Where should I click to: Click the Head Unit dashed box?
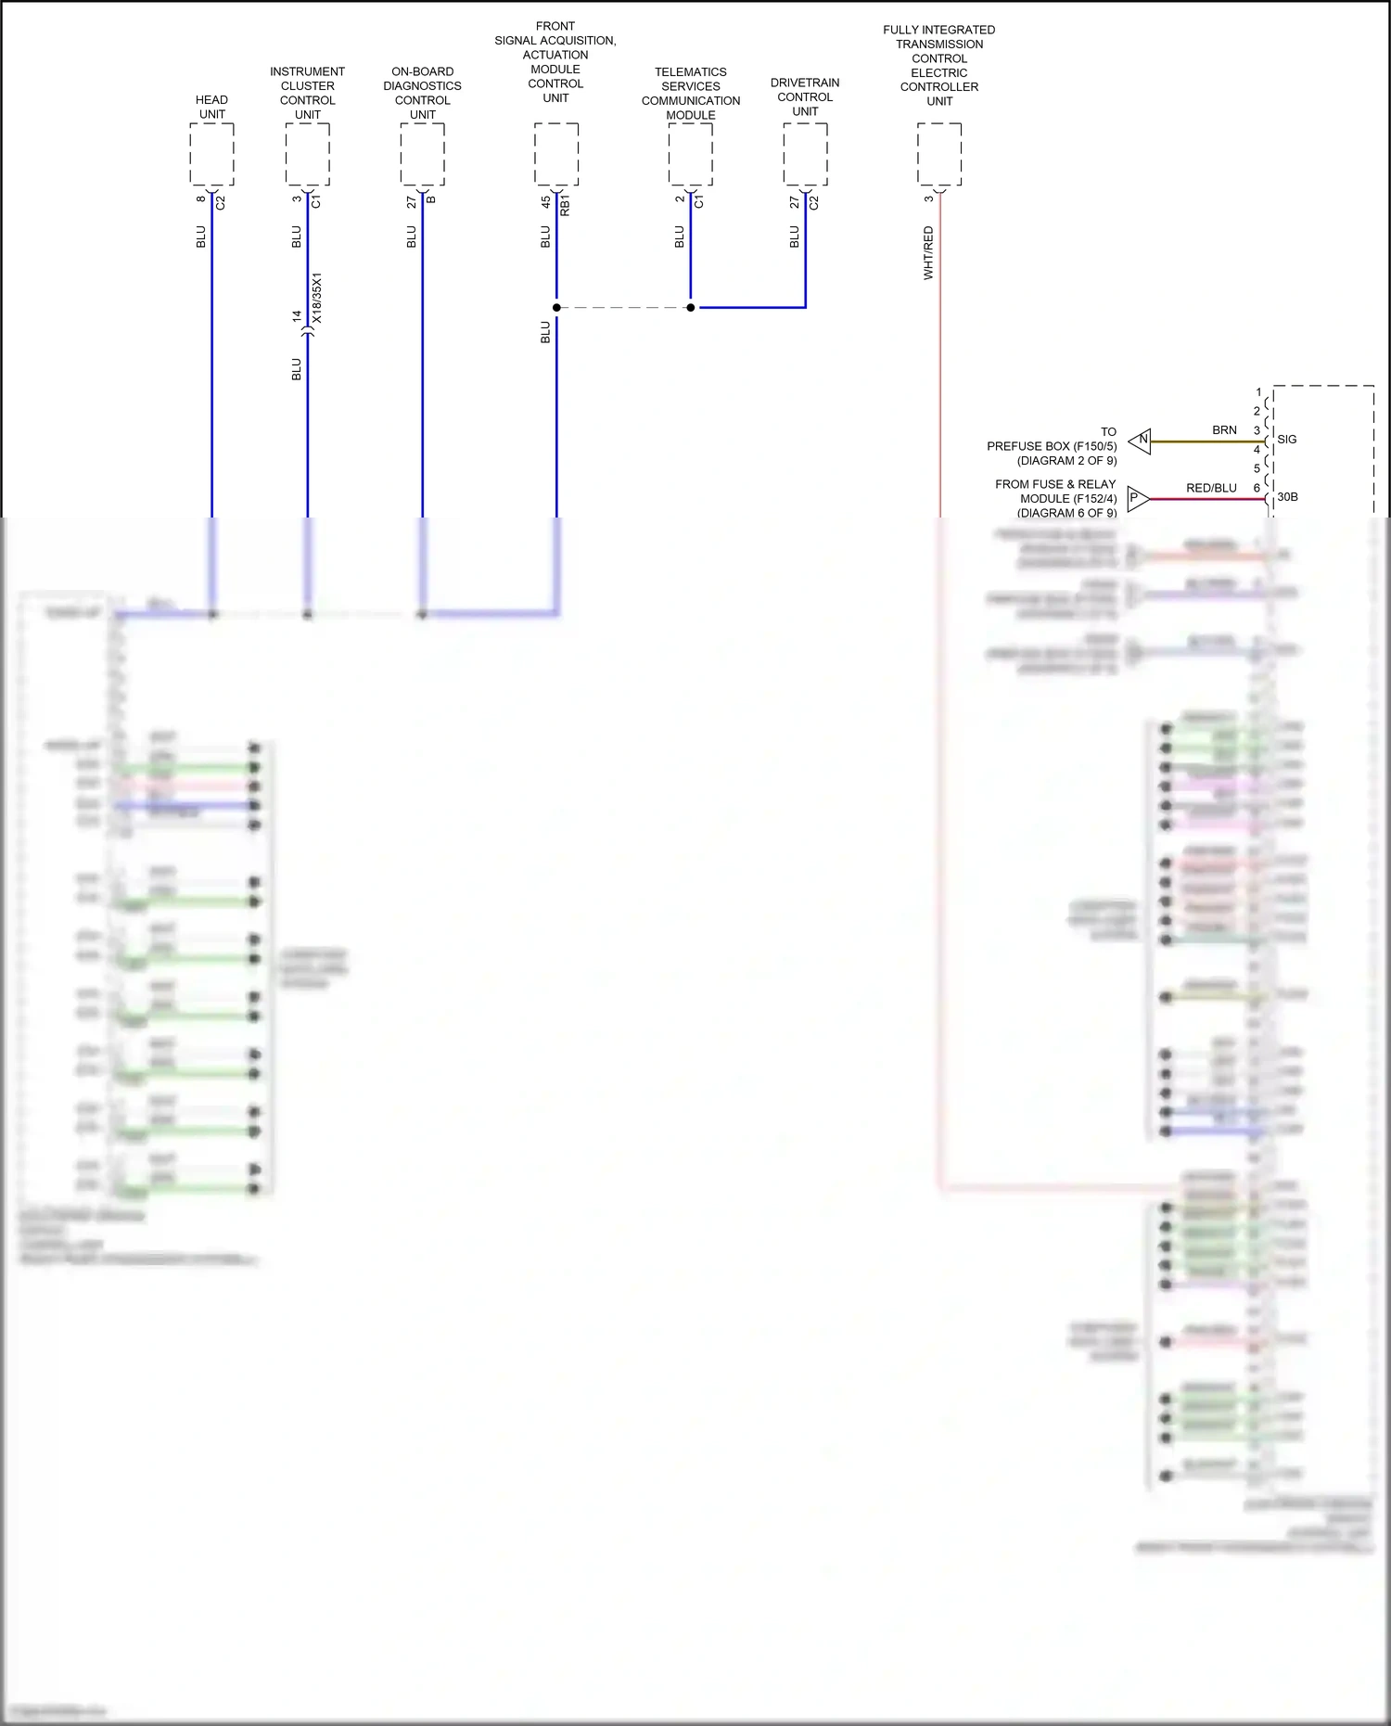coord(211,155)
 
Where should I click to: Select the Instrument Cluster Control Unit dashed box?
coord(308,155)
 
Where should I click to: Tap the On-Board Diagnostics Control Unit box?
coord(423,155)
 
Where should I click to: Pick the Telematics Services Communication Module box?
coord(691,155)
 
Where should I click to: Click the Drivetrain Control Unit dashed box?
coord(805,155)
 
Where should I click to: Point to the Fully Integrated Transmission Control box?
coord(939,155)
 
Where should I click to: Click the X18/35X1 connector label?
coord(317,298)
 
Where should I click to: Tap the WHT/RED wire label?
coord(928,252)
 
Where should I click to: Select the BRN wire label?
coord(1224,430)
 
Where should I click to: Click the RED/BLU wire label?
coord(1211,488)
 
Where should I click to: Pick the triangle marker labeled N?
coord(1141,441)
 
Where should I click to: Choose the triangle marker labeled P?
coord(1137,499)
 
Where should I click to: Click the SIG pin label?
coord(1287,440)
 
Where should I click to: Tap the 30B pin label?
coord(1287,497)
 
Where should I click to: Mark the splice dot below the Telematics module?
coord(691,307)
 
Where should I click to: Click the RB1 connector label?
coord(566,205)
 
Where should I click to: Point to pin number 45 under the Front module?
coord(545,201)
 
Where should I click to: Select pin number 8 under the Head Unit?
coord(200,198)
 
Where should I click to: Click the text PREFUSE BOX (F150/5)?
coord(1052,446)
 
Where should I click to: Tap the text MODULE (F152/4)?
coord(1068,499)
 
